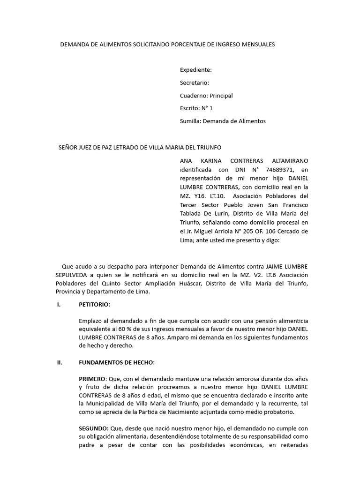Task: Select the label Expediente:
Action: pos(196,70)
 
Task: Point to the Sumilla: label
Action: pos(191,121)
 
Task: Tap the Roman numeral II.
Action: pos(60,362)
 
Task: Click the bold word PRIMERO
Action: pos(93,378)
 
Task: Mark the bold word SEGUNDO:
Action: pos(94,428)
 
